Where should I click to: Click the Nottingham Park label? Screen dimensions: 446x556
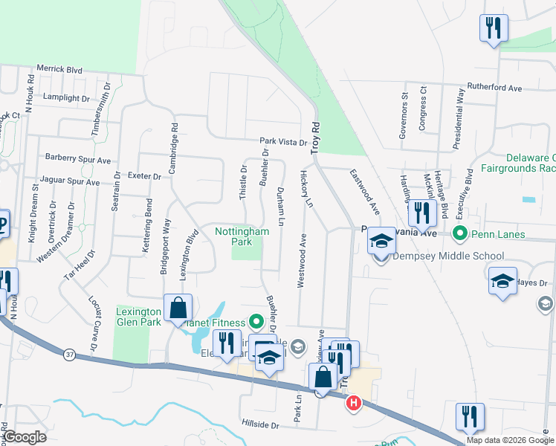242,236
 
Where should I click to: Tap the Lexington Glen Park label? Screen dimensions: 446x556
138,317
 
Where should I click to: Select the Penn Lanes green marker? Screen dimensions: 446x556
459,235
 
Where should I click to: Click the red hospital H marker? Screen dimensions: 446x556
354,403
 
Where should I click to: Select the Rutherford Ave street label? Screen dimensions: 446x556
494,88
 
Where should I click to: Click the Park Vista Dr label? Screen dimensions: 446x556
283,141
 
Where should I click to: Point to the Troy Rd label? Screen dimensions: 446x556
315,138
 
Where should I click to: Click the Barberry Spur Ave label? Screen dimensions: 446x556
77,159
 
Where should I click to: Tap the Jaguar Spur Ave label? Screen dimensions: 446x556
72,181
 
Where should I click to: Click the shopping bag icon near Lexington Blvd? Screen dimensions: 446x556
178,308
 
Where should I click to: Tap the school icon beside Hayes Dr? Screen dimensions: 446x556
502,281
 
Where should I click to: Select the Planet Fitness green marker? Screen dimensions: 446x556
256,323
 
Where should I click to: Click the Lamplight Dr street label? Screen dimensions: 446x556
65,97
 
